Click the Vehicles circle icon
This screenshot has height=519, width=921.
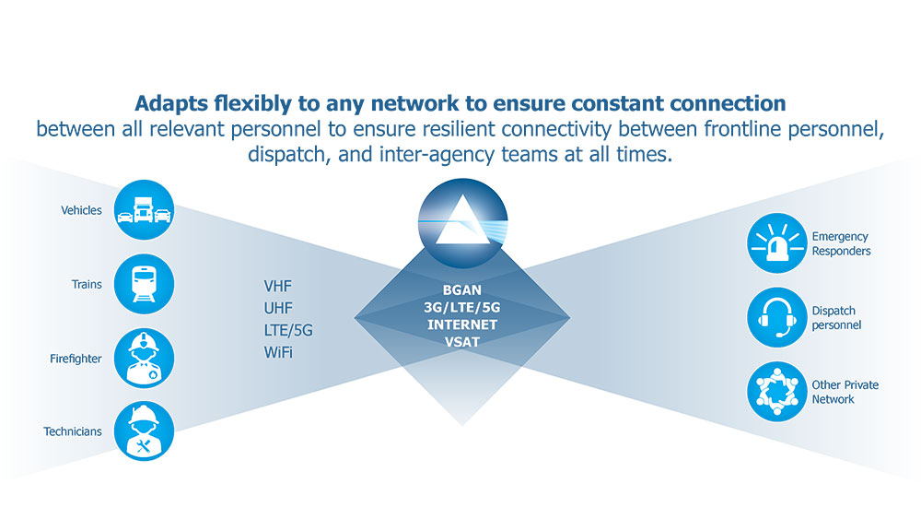pyautogui.click(x=145, y=211)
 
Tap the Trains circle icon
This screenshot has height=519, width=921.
pyautogui.click(x=145, y=285)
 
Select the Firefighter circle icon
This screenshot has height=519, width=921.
pyautogui.click(x=145, y=359)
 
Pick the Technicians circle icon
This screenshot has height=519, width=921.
pyautogui.click(x=145, y=431)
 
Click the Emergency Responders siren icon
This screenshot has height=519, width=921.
pyautogui.click(x=776, y=243)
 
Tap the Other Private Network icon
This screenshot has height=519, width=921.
pyautogui.click(x=776, y=392)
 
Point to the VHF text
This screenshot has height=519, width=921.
pyautogui.click(x=279, y=286)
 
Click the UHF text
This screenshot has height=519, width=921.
pyautogui.click(x=279, y=308)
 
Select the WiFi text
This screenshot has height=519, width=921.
pyautogui.click(x=279, y=352)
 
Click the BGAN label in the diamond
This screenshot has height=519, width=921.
pyautogui.click(x=462, y=289)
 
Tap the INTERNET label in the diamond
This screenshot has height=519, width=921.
pyautogui.click(x=462, y=324)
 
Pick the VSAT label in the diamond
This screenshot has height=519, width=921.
pyautogui.click(x=462, y=341)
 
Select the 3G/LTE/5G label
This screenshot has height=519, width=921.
pyautogui.click(x=462, y=307)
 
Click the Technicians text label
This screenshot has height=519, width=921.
pyautogui.click(x=73, y=431)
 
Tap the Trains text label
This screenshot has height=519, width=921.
pyautogui.click(x=87, y=285)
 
